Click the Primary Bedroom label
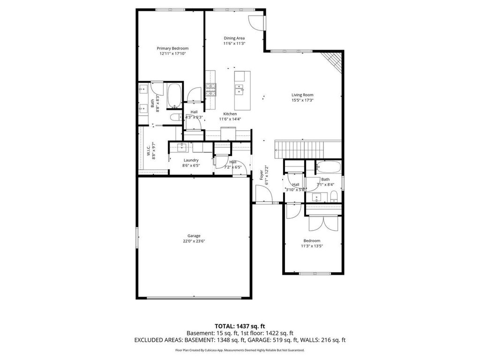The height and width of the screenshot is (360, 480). pos(172,48)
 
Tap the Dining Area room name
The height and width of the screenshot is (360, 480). pos(234,38)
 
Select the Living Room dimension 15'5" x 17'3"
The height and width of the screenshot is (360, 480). pos(302,100)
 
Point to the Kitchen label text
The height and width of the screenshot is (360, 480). pos(230,114)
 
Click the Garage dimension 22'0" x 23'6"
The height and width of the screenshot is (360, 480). pos(194,241)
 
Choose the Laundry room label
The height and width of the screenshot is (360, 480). pos(191,160)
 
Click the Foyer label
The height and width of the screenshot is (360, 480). pos(262,175)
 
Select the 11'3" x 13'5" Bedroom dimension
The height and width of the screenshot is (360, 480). pos(312,246)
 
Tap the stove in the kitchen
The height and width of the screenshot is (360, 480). pos(210,89)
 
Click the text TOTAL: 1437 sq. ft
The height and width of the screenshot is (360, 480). pos(240,326)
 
